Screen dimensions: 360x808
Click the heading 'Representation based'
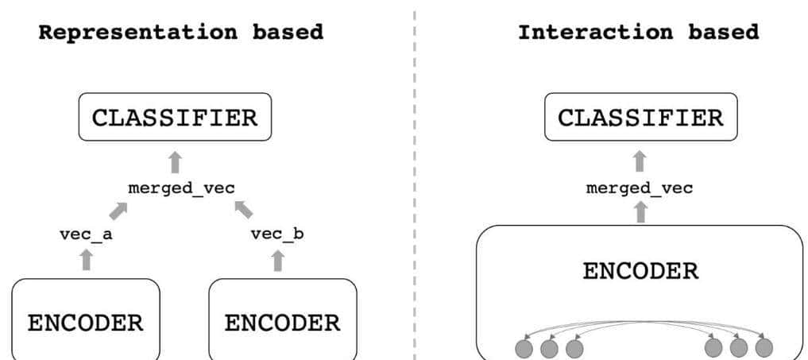click(x=181, y=33)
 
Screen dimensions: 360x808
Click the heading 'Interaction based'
click(x=638, y=33)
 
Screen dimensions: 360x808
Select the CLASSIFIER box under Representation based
click(x=175, y=118)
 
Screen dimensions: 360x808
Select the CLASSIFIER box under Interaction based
click(x=640, y=118)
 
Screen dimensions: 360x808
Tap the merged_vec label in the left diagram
click(x=181, y=188)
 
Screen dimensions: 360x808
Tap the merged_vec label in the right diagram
click(x=640, y=188)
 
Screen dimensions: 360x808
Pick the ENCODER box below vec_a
click(x=86, y=323)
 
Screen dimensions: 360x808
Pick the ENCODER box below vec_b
click(x=282, y=323)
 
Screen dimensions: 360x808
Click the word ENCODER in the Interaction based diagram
click(x=640, y=271)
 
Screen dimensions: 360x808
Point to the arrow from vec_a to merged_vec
click(x=118, y=211)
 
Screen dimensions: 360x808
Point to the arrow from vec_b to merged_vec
click(x=244, y=210)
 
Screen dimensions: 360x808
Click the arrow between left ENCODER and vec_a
click(x=87, y=259)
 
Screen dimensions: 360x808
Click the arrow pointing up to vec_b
click(x=277, y=259)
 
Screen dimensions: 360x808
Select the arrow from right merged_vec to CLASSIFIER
click(x=640, y=161)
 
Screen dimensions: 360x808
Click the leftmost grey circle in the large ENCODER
click(x=524, y=348)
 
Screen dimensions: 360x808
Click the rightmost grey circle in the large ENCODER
click(x=764, y=348)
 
